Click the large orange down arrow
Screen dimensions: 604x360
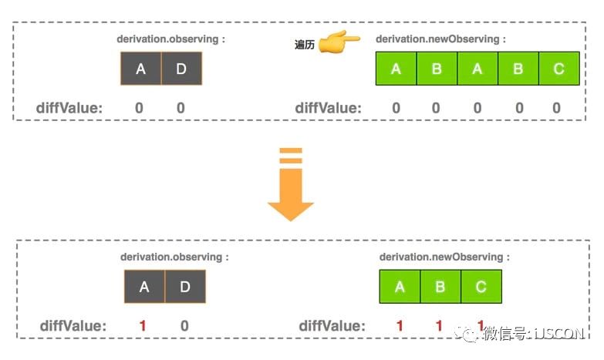pyautogui.click(x=291, y=191)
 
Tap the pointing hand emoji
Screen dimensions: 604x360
pyautogui.click(x=339, y=43)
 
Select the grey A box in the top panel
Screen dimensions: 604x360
pyautogui.click(x=140, y=69)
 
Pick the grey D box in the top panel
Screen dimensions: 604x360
pyautogui.click(x=181, y=69)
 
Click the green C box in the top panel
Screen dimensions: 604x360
pyautogui.click(x=558, y=69)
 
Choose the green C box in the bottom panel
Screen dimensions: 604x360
pyautogui.click(x=481, y=287)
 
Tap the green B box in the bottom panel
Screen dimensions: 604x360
pyautogui.click(x=440, y=287)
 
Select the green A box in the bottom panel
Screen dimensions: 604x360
pyautogui.click(x=400, y=287)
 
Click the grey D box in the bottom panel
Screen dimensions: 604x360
pyautogui.click(x=185, y=287)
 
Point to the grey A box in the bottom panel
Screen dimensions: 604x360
pyautogui.click(x=144, y=287)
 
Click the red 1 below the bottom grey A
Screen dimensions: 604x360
pyautogui.click(x=143, y=326)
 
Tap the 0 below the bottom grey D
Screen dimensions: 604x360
pyautogui.click(x=184, y=326)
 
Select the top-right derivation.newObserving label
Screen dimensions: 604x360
pyautogui.click(x=440, y=39)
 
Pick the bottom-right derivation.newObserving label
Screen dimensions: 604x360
pyautogui.click(x=444, y=257)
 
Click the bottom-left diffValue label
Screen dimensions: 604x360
pyautogui.click(x=73, y=326)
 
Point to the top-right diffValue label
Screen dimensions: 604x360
pyautogui.click(x=328, y=108)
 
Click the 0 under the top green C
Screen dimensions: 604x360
pyautogui.click(x=557, y=108)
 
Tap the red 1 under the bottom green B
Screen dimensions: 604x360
pyautogui.click(x=439, y=326)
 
